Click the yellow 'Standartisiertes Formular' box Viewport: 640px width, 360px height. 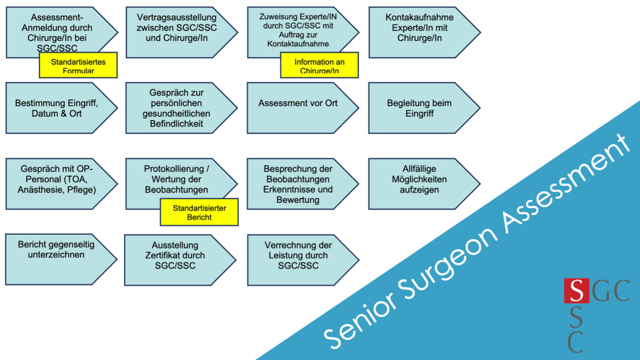point(78,65)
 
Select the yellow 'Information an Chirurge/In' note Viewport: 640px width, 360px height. point(319,65)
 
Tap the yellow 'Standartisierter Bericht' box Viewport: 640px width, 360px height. point(199,212)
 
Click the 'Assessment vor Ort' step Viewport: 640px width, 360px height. point(298,108)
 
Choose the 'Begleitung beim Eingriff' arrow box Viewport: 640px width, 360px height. point(419,108)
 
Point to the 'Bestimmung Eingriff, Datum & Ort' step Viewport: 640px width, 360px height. point(56,108)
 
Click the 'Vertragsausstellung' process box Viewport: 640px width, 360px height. point(177,33)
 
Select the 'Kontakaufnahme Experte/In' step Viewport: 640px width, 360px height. point(419,33)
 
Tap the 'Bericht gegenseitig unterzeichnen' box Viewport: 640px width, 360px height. point(56,259)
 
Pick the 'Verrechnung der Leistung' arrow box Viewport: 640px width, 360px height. point(298,260)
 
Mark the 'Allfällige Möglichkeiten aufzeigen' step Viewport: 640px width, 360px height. point(419,183)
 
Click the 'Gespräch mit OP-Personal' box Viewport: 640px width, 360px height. point(56,183)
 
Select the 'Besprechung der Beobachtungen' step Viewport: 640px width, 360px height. point(298,183)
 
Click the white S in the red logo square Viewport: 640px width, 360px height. point(576,291)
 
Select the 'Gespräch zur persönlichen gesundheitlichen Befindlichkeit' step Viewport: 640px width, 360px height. point(177,108)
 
